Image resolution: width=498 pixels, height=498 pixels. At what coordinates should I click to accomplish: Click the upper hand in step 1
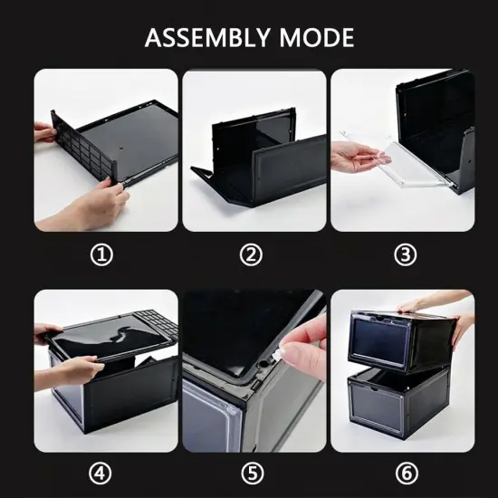click(x=45, y=132)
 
